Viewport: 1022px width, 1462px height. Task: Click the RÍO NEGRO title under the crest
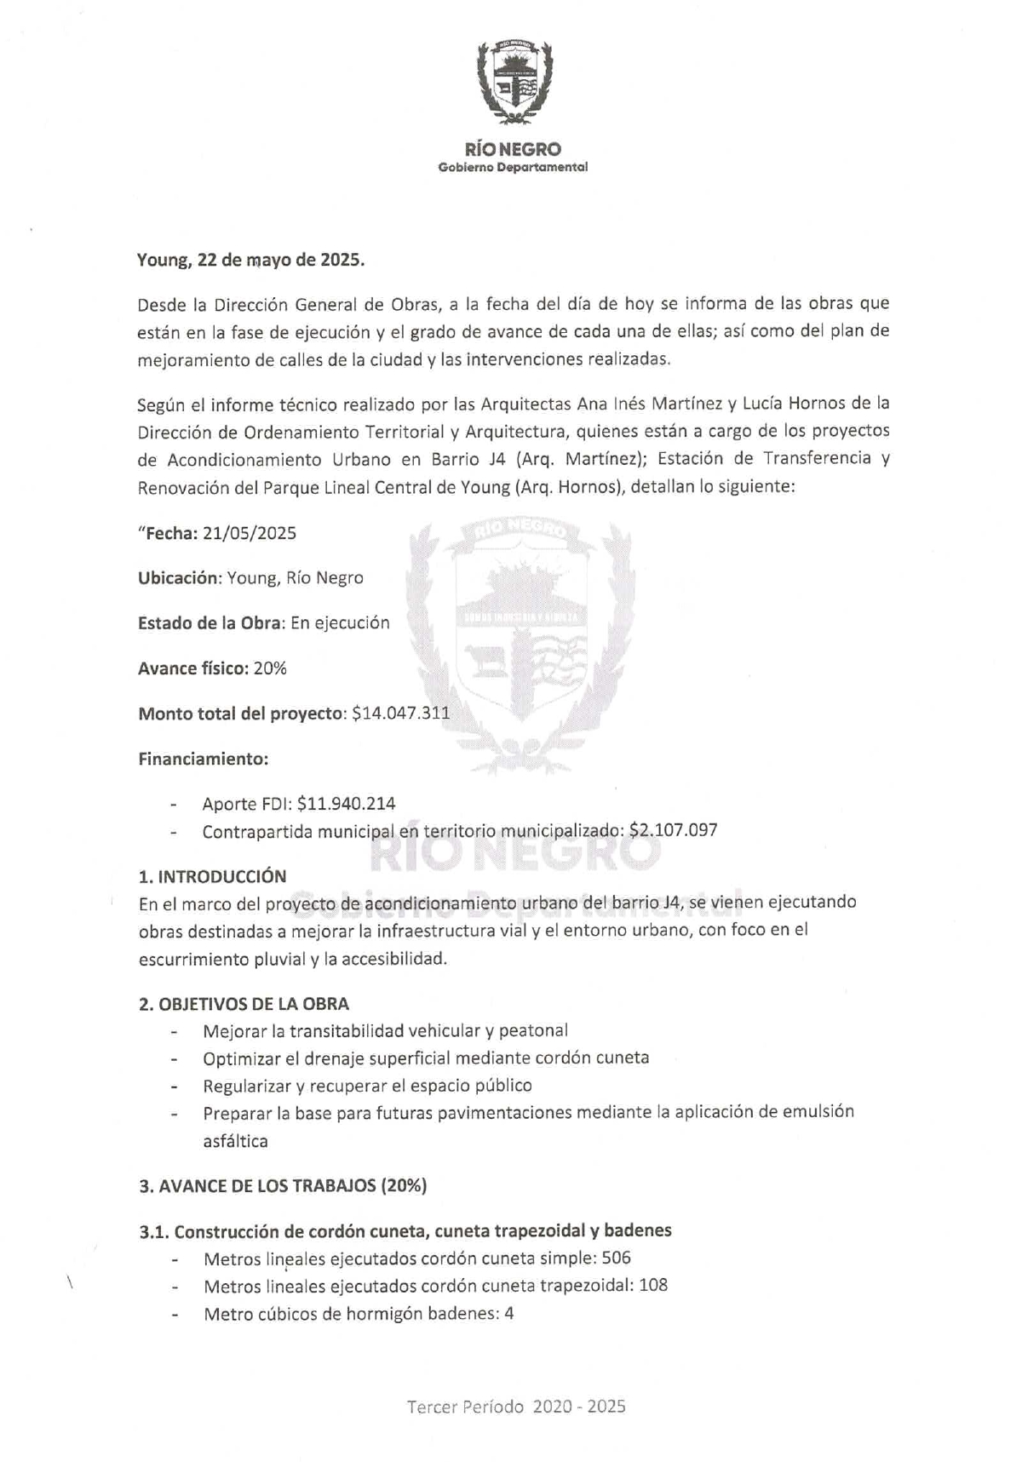(x=513, y=150)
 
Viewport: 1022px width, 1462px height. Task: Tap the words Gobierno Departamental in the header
(x=513, y=168)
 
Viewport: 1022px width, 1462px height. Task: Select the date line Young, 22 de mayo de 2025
(x=251, y=261)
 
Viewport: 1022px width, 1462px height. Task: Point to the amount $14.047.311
(x=400, y=714)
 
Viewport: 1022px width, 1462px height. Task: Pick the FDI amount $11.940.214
(x=346, y=804)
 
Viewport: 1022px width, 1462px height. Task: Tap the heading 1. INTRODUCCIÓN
(x=212, y=876)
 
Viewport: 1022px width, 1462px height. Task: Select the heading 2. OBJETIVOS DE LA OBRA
(x=244, y=1004)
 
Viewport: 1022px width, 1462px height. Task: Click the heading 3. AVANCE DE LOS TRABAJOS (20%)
(x=283, y=1185)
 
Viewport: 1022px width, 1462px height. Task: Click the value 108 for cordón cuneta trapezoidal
(x=653, y=1286)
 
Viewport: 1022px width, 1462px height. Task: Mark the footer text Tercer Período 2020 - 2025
(x=516, y=1406)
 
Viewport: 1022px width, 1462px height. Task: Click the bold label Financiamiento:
(x=203, y=759)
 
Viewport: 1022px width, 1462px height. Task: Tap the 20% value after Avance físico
(x=270, y=668)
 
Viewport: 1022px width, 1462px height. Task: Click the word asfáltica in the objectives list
(x=235, y=1142)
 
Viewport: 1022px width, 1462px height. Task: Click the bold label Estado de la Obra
(x=210, y=623)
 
